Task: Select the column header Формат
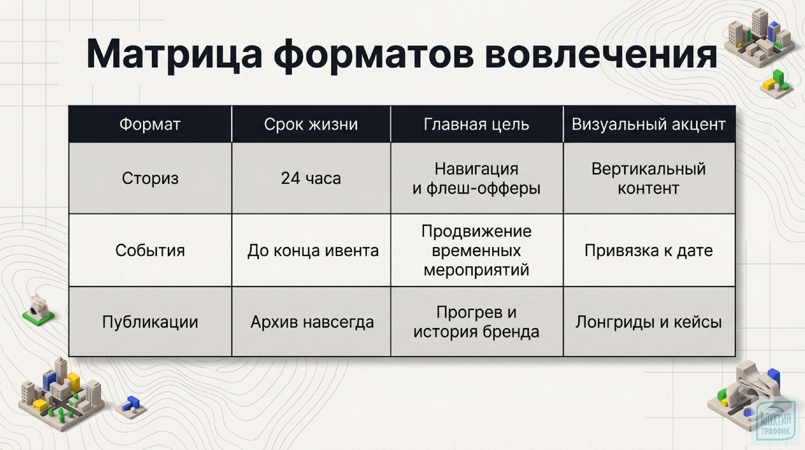point(150,124)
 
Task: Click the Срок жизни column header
point(311,124)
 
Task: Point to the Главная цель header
point(477,124)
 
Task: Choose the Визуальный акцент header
point(648,124)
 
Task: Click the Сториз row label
point(150,178)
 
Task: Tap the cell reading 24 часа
point(311,178)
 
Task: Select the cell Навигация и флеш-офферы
point(477,178)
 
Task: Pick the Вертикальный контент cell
point(648,178)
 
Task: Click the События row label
point(150,250)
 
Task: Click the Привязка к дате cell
point(648,250)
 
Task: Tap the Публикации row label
point(150,322)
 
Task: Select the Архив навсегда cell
point(312,322)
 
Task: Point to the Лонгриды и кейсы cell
point(648,322)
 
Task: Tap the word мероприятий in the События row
point(477,270)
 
